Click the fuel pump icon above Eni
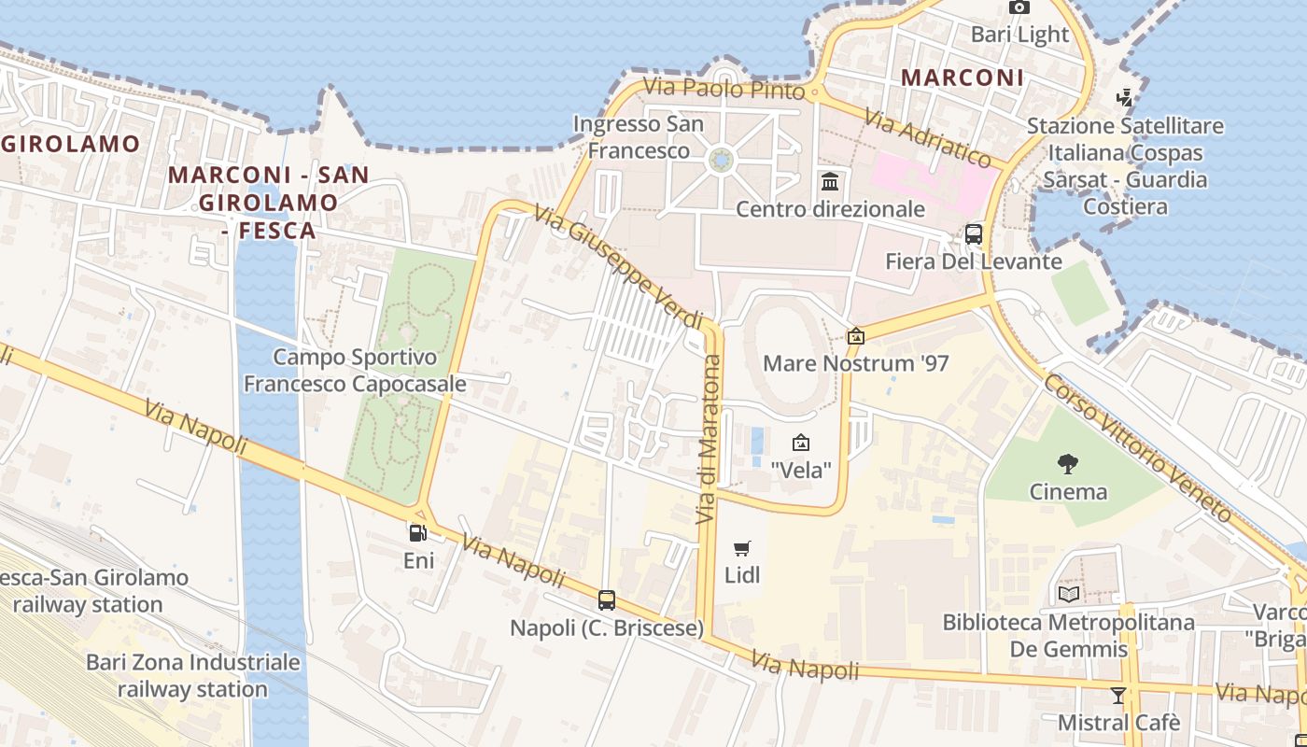click(x=418, y=533)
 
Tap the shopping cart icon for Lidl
click(x=742, y=548)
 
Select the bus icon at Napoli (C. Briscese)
click(x=607, y=600)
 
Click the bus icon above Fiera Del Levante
click(x=974, y=233)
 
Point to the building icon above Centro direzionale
click(x=830, y=181)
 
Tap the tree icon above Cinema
click(x=1068, y=464)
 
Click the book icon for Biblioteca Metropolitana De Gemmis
click(x=1069, y=594)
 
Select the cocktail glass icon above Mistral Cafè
click(x=1118, y=695)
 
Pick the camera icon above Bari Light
click(x=1019, y=7)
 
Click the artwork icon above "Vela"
click(x=800, y=443)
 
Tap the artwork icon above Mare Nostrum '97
click(x=855, y=336)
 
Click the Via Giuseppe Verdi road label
click(x=618, y=267)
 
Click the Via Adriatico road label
click(x=927, y=137)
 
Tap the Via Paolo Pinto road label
click(x=724, y=89)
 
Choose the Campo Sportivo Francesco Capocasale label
click(x=355, y=371)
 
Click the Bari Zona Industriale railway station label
click(x=193, y=676)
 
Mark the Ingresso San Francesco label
click(x=639, y=137)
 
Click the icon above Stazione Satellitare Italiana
click(x=1125, y=97)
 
